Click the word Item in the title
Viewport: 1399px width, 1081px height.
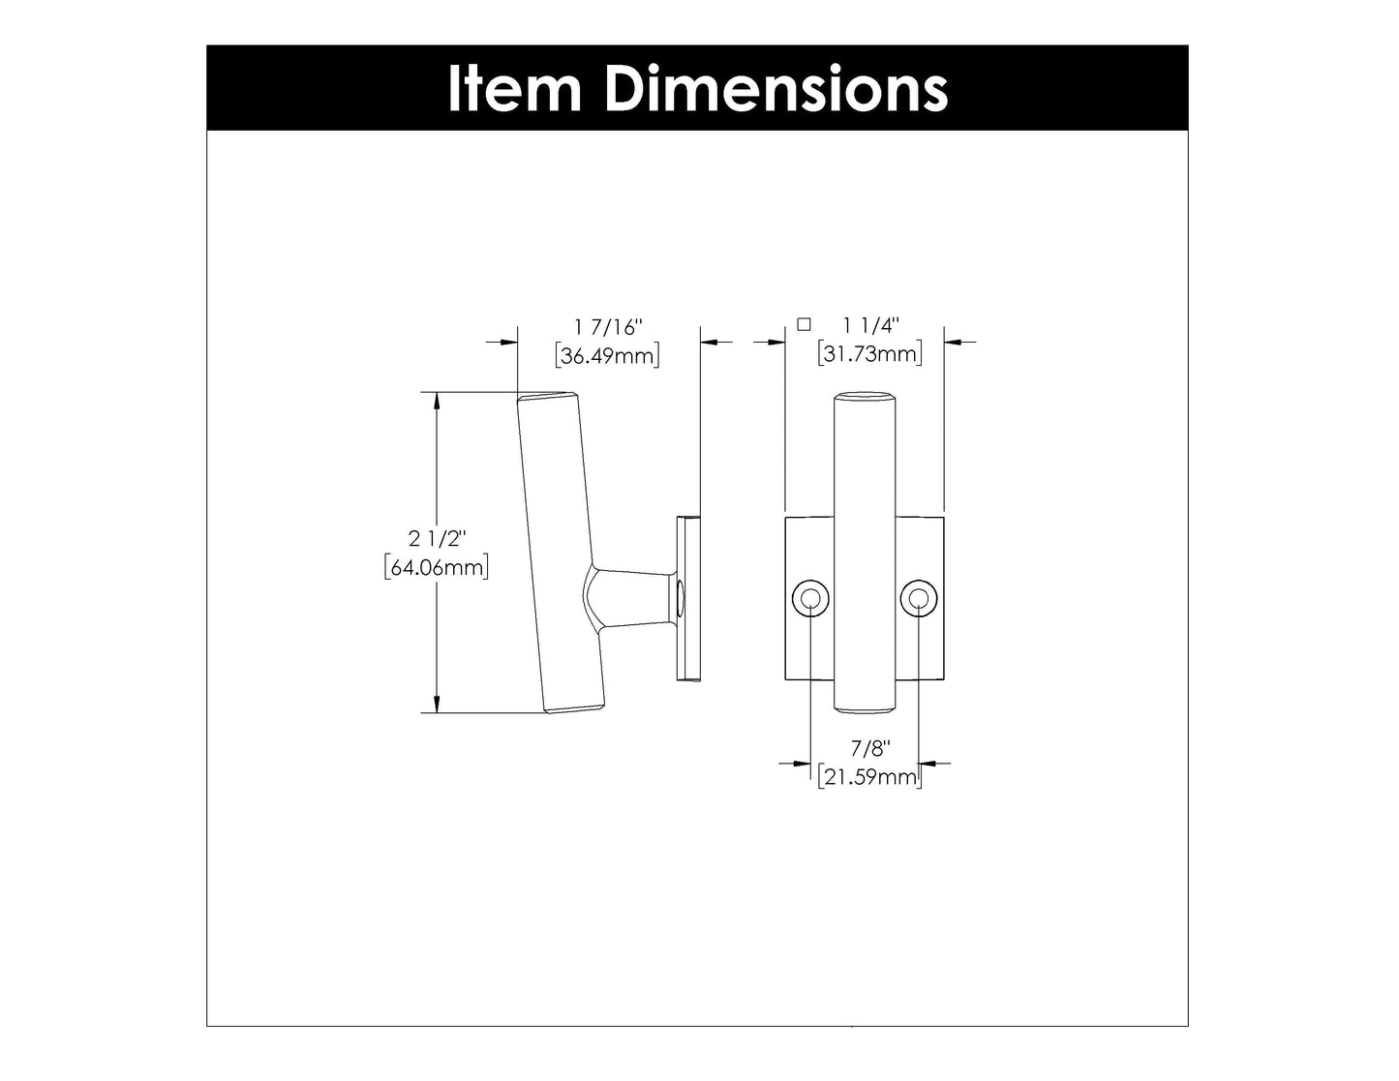[513, 89]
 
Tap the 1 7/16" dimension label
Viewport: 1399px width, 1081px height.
[609, 329]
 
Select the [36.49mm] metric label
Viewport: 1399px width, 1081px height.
[609, 356]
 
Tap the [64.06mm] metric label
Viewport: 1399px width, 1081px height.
[436, 567]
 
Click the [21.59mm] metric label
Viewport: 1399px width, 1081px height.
[868, 776]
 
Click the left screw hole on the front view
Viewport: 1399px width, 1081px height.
[808, 600]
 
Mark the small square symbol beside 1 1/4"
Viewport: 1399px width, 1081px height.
[803, 325]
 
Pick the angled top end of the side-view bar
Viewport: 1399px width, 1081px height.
[548, 398]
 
